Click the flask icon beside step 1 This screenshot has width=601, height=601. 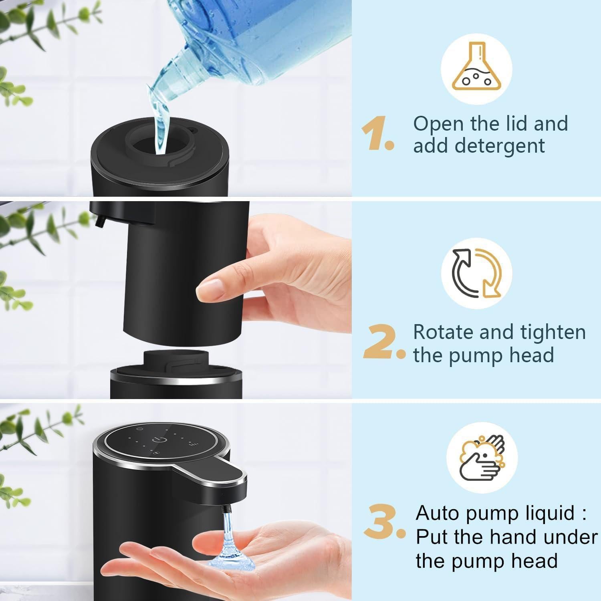click(x=476, y=69)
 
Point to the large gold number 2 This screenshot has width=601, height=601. click(x=381, y=343)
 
